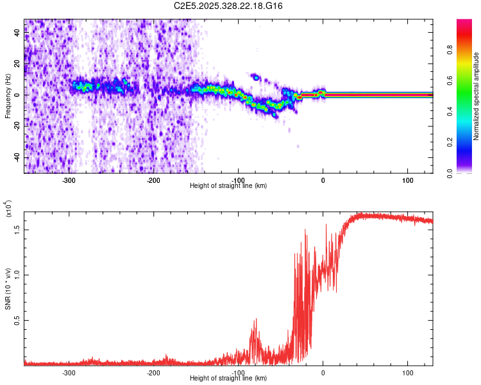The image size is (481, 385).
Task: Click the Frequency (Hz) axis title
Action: pyautogui.click(x=8, y=96)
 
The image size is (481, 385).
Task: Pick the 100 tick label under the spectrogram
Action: pyautogui.click(x=407, y=180)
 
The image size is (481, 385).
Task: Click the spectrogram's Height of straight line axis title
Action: pyautogui.click(x=228, y=185)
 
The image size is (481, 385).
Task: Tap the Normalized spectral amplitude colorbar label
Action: pyautogui.click(x=476, y=96)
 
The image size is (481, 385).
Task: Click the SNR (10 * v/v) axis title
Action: pyautogui.click(x=8, y=282)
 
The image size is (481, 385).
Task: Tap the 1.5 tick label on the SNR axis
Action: pyautogui.click(x=17, y=228)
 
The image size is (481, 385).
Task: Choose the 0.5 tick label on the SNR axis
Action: pyautogui.click(x=17, y=320)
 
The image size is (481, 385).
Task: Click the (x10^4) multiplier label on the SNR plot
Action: pyautogui.click(x=9, y=209)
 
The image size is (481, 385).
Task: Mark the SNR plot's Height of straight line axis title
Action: pyautogui.click(x=228, y=379)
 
